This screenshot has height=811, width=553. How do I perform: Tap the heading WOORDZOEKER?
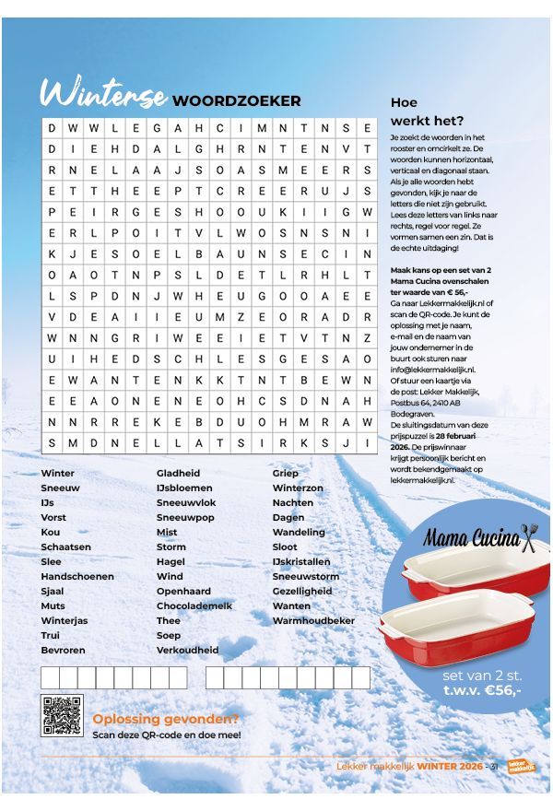coord(237,100)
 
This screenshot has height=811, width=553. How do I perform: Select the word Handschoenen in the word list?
coord(77,576)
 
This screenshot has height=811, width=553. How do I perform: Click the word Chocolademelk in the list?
coord(197,605)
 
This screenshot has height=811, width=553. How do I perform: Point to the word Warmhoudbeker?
coord(313,620)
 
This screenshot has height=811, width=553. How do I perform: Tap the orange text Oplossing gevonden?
coord(166,719)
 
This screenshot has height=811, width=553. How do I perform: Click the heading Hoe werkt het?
coord(427,112)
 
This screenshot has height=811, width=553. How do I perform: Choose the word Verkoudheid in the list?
coord(188,650)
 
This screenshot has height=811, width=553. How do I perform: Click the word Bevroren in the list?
coord(64,650)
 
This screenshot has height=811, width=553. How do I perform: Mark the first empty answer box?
coord(51,677)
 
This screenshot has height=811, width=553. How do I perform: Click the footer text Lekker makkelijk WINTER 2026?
coord(409,766)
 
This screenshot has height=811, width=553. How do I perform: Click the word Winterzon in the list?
coord(298,488)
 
